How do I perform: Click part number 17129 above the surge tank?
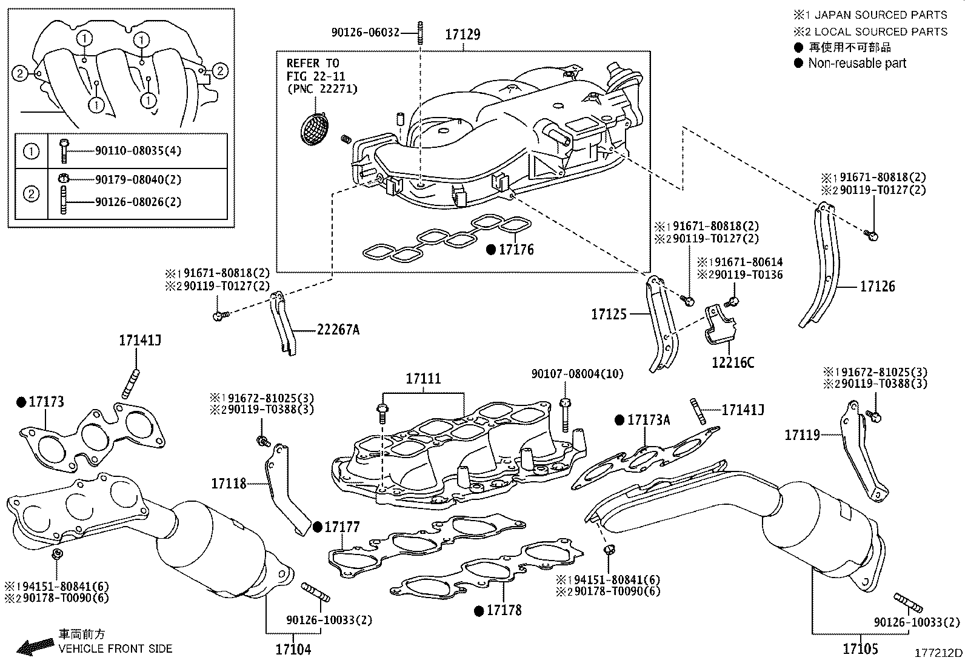tap(462, 35)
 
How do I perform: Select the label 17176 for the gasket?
tap(516, 249)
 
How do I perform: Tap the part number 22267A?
tap(338, 330)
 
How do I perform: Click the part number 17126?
tap(877, 286)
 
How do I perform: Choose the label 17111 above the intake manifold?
tap(423, 379)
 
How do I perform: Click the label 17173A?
tap(648, 420)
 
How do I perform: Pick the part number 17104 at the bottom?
tap(293, 649)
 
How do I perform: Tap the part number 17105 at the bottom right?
tap(860, 649)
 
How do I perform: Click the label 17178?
tap(504, 610)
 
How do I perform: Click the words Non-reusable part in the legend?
tap(856, 63)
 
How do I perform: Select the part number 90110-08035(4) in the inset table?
tap(138, 150)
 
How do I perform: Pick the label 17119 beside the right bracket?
tap(802, 435)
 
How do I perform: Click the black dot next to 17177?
tap(318, 527)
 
